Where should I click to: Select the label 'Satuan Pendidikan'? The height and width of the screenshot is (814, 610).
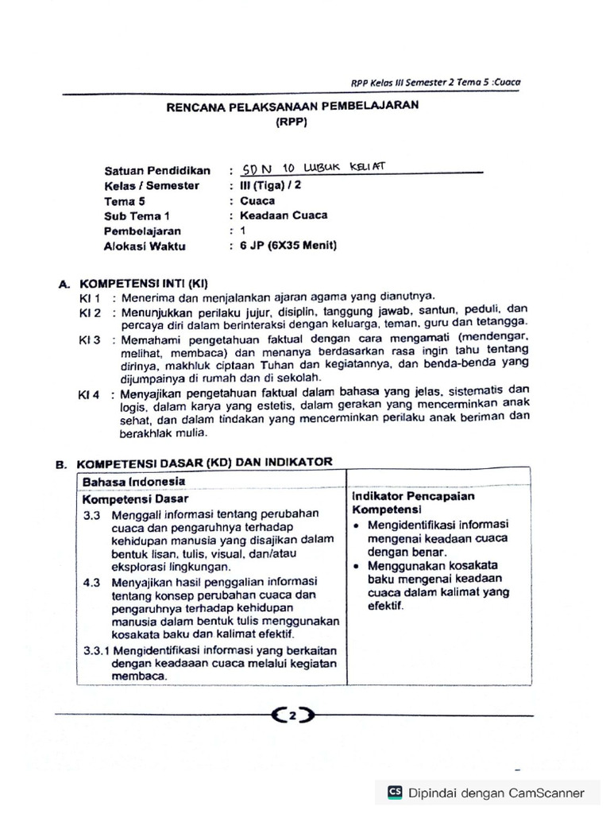(156, 171)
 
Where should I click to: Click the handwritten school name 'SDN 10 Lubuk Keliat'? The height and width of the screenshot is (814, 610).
(313, 168)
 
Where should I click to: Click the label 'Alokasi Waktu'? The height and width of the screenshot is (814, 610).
(144, 246)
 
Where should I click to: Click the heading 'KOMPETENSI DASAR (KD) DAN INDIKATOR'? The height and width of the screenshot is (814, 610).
(204, 463)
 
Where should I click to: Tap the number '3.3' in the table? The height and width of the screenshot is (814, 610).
(92, 515)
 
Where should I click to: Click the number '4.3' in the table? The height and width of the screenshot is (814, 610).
(92, 582)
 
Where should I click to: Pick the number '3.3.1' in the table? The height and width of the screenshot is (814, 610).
(100, 649)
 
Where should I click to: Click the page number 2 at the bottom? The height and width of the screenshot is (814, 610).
(292, 716)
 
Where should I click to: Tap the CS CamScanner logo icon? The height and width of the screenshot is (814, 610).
(395, 792)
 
